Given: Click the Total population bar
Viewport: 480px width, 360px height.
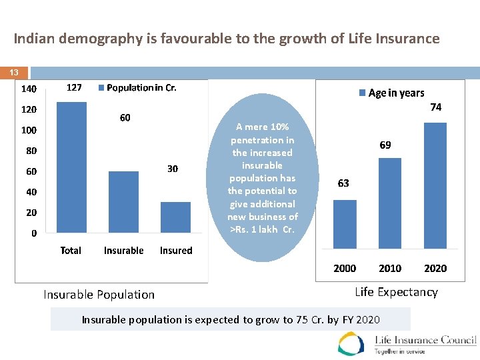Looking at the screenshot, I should click(71, 167).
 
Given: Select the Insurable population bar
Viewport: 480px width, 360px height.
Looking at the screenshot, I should click(123, 202).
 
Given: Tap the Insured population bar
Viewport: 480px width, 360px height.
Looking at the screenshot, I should click(175, 217).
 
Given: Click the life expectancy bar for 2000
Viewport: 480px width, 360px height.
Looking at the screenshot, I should click(345, 224).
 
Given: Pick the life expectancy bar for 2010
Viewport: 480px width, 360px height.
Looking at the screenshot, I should click(390, 203).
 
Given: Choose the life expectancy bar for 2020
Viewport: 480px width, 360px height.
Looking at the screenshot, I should click(435, 185).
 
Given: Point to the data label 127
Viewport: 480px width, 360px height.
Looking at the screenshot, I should click(74, 87).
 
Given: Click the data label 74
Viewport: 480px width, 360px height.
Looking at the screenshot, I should click(435, 107).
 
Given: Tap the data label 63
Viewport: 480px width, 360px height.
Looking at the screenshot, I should click(343, 183).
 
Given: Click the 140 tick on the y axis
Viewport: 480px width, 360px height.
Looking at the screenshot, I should click(29, 89).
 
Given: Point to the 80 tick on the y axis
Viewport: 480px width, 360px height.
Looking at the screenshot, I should click(31, 151).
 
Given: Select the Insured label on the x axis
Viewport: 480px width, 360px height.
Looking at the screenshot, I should click(176, 251).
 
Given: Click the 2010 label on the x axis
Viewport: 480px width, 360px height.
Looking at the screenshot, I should click(390, 268).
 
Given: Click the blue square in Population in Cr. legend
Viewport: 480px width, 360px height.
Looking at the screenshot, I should click(101, 88).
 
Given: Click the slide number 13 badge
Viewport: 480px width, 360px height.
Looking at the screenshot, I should click(14, 72).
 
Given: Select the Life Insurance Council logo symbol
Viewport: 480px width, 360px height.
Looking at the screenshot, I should click(351, 344).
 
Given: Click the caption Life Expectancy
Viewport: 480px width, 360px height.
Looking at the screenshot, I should click(396, 292).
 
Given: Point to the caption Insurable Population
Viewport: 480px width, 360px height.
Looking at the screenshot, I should click(99, 294).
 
